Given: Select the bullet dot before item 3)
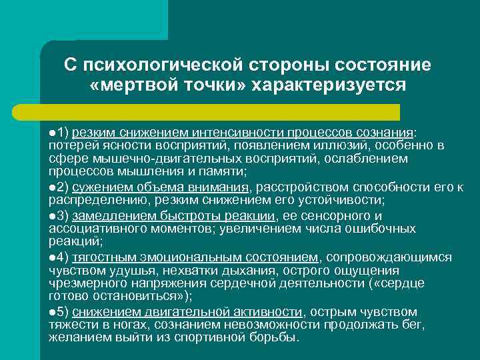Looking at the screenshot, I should [x=52, y=215].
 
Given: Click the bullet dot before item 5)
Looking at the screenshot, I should [x=52, y=311].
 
